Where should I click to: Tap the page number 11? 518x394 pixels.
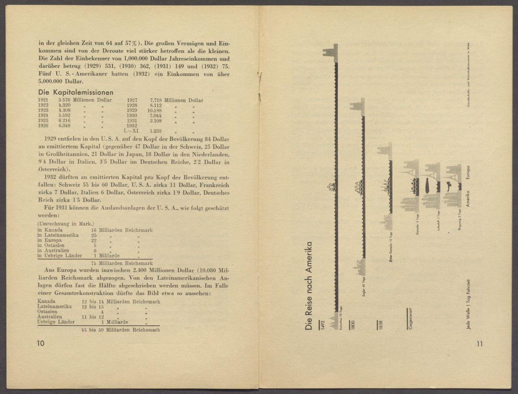pos(480,344)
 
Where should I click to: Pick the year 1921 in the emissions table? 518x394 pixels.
pos(43,100)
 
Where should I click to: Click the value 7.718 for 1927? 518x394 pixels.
pos(156,100)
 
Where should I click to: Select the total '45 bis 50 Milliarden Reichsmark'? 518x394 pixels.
pos(120,330)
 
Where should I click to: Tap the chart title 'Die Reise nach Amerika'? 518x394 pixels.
pos(309,287)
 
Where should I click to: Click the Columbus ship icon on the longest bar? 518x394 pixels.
pos(331,187)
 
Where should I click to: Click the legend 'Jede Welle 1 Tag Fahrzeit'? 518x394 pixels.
pos(469,303)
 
